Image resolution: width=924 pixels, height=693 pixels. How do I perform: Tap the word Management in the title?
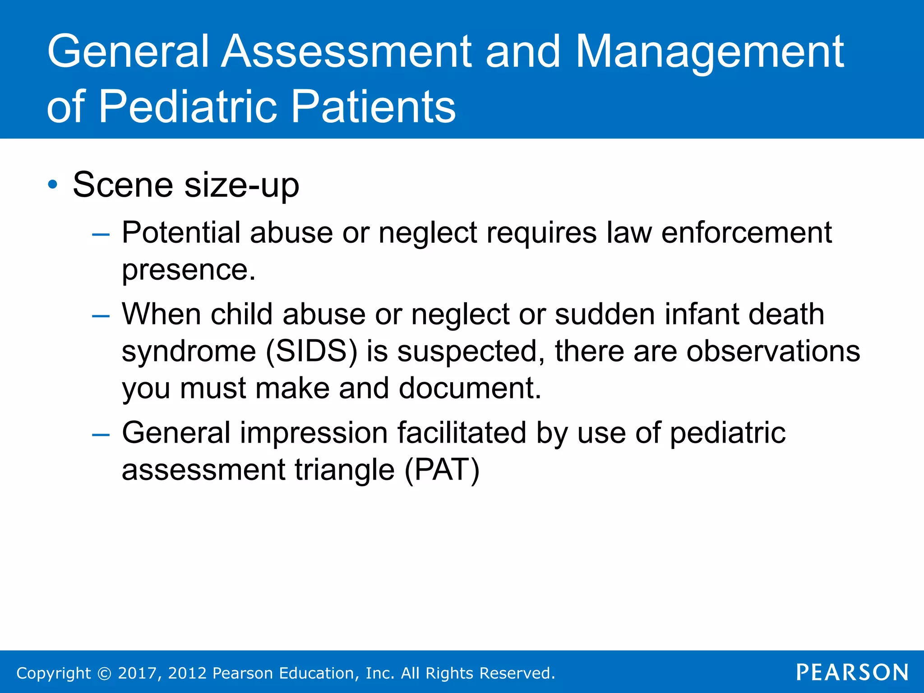click(710, 53)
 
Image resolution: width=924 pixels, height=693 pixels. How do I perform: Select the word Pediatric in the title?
click(187, 107)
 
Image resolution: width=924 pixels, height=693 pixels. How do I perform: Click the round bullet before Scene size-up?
click(53, 185)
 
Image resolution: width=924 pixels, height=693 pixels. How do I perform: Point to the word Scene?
click(123, 185)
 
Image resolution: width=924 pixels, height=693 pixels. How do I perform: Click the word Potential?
click(181, 233)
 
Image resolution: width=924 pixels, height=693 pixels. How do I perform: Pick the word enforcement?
click(746, 233)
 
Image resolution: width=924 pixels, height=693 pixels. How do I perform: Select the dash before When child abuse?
click(101, 316)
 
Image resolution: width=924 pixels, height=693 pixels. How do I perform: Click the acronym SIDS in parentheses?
click(311, 351)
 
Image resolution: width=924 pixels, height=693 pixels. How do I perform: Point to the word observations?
click(773, 351)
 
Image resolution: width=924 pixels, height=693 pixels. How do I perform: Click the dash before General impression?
click(101, 434)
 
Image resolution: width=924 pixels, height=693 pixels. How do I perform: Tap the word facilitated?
click(462, 433)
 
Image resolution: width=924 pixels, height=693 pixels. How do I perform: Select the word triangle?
click(345, 470)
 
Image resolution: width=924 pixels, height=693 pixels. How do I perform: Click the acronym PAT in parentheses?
click(442, 470)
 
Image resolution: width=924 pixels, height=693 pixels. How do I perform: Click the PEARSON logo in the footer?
click(852, 672)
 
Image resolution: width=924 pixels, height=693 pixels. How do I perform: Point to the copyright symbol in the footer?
click(104, 674)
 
